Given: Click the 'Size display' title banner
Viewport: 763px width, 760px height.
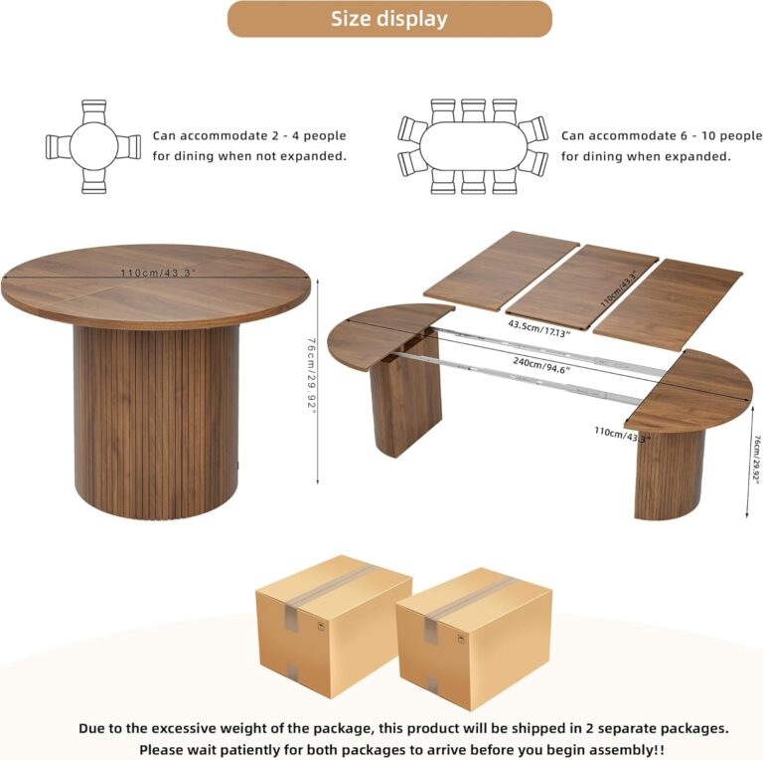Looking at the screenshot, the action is coord(389,19).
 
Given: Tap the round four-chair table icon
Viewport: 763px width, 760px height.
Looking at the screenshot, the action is coord(93,146).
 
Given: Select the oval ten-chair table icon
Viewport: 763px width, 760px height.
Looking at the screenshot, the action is coord(473,146).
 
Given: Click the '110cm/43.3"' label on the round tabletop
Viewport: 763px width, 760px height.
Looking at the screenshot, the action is coord(158,273).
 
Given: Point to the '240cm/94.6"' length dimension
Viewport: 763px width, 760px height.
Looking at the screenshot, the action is coord(541,365).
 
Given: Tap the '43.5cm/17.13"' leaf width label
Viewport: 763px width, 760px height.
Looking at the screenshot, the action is coord(539,328).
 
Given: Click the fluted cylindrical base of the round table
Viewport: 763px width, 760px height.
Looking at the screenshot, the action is coord(156,422).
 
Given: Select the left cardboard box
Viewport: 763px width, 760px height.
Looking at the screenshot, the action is coord(334,627).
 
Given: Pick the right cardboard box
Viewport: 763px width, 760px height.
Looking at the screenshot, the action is coord(474,640).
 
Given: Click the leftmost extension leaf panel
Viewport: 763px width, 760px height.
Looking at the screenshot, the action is coord(502,271).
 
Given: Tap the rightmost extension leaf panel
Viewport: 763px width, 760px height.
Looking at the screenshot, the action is coord(668,305).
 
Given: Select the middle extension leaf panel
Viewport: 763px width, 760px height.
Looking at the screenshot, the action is coord(582,286).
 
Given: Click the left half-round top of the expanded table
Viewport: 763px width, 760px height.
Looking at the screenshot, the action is coord(384,335).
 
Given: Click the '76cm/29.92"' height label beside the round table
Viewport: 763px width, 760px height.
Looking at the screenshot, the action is coord(311,375).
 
